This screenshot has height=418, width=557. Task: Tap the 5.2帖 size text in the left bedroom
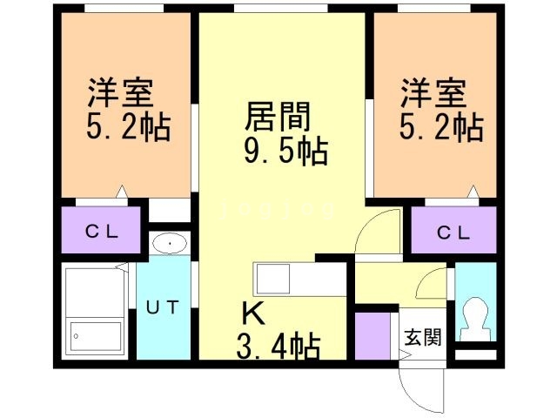point(127,129)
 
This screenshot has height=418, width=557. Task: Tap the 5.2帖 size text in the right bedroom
point(440,129)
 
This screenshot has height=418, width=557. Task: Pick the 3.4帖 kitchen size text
point(278,347)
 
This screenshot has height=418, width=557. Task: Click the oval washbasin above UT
point(169,244)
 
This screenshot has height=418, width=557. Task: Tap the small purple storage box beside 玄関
point(373,334)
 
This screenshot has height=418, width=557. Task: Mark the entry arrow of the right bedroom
point(475,191)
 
